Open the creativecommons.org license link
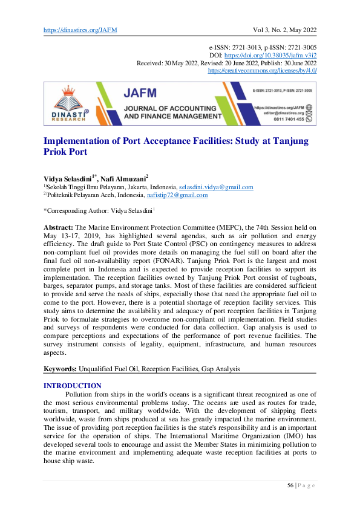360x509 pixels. pos(263,70)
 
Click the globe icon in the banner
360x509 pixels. pos(309,106)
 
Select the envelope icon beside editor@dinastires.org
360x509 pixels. pos(309,113)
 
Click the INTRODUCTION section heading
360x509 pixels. pos(73,385)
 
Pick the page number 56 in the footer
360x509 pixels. pos(290,485)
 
